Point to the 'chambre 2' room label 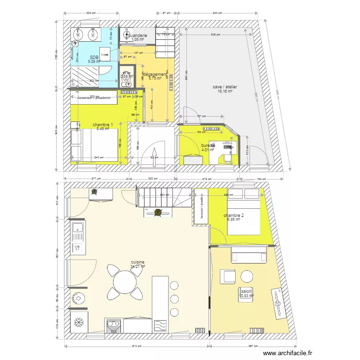coord(234,216)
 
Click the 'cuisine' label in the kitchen coord(138,262)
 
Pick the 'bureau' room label coord(208,144)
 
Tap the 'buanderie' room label coord(137,36)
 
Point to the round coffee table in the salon coord(247,276)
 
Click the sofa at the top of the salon coord(249,254)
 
